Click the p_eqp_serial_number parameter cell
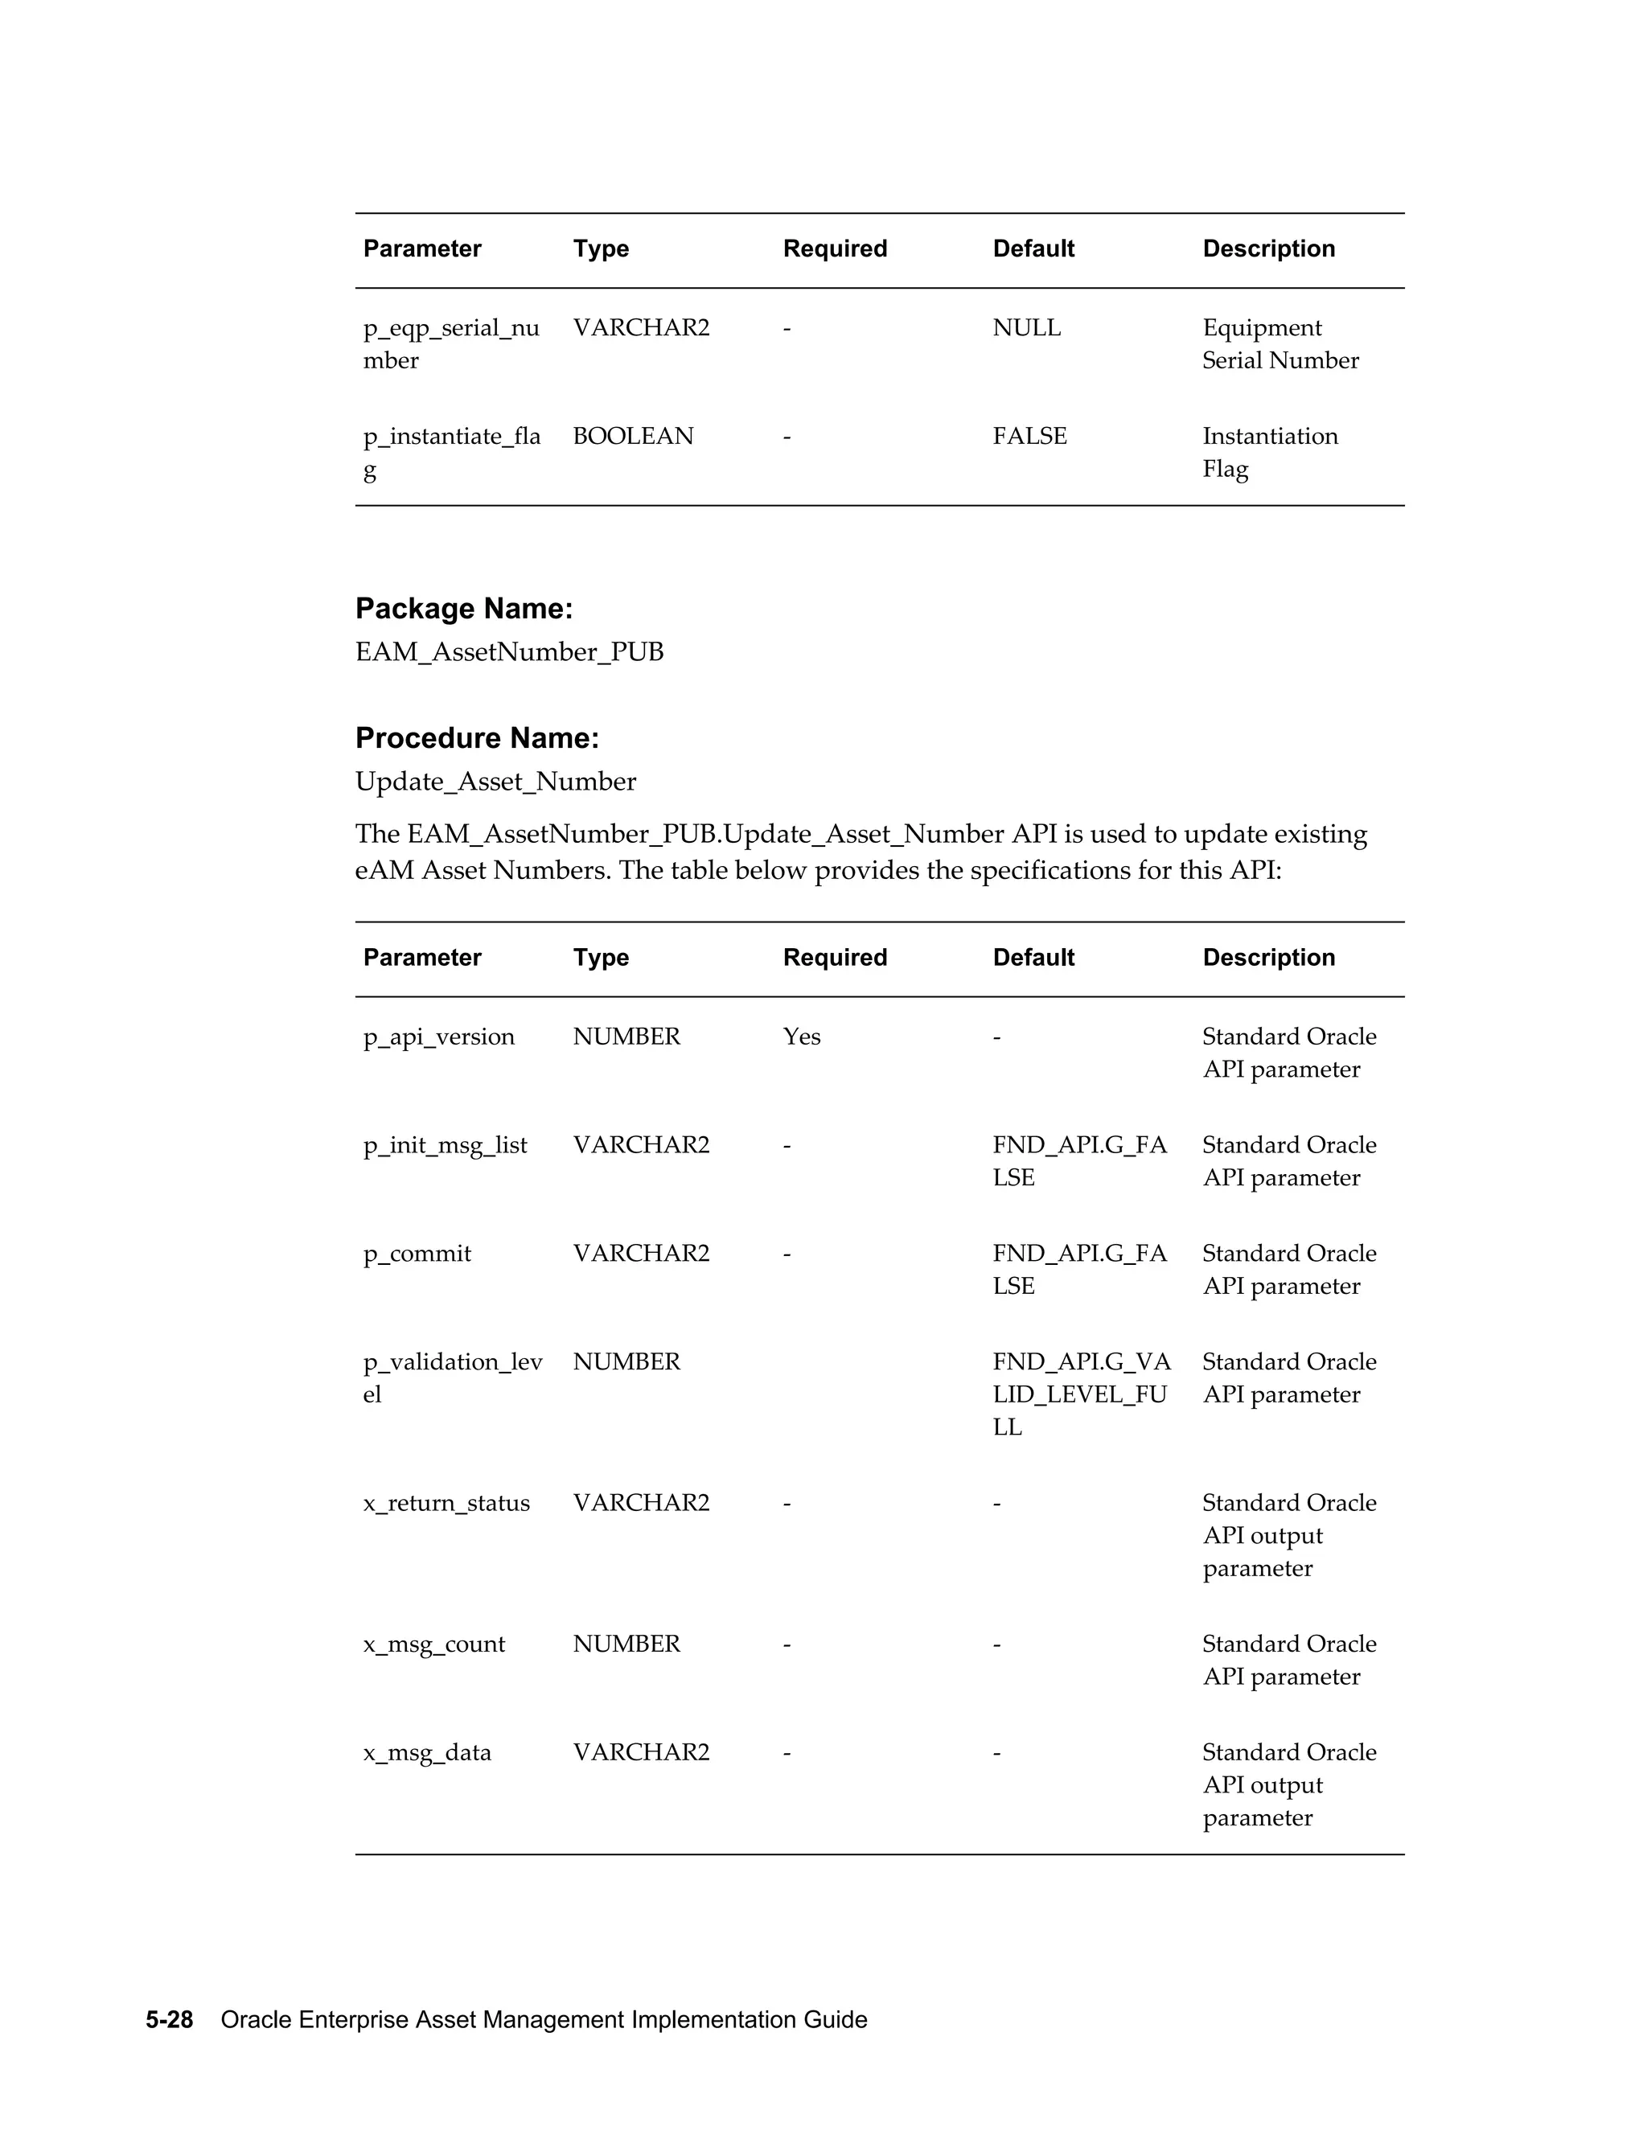pos(451,343)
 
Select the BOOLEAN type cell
pos(633,436)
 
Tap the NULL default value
pos(1026,328)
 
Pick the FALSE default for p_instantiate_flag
pos(1029,436)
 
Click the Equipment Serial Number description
pos(1279,343)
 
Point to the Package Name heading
pos(463,609)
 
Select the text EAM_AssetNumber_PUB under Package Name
pos(509,652)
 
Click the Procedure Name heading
pos(477,737)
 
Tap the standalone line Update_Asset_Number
pos(495,782)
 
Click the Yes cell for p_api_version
pos(801,1037)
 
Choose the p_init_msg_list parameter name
pos(445,1144)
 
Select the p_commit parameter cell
pos(417,1253)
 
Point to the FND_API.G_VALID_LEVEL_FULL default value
pos(1081,1394)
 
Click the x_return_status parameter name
pos(446,1503)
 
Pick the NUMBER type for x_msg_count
pos(626,1644)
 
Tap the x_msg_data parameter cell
pos(427,1752)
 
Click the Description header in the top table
pos(1267,248)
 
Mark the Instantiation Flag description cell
pos(1268,452)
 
